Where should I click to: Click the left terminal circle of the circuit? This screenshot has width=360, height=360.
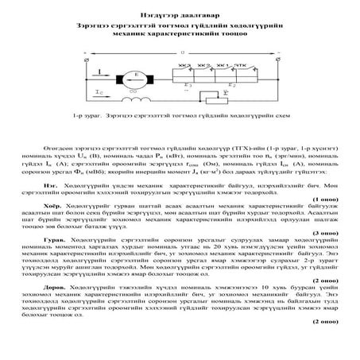pyautogui.click(x=84, y=59)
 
